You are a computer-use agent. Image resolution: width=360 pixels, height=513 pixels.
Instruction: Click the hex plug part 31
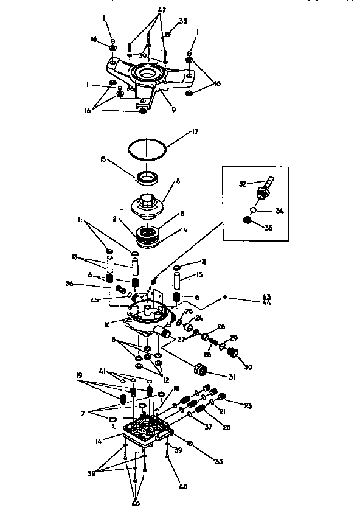click(199, 370)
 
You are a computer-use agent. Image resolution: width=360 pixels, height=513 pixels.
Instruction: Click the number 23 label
click(248, 405)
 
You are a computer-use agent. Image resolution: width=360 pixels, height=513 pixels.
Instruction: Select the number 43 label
click(266, 296)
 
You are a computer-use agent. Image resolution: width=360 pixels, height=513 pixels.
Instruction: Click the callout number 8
click(178, 181)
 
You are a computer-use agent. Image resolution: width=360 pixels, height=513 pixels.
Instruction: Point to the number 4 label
click(184, 230)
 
